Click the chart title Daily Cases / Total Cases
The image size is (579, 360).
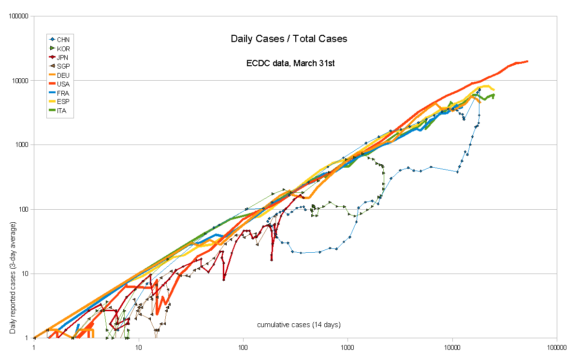point(289,39)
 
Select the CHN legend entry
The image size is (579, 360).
point(63,39)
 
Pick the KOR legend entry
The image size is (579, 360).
point(63,48)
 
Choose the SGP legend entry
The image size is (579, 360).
point(63,66)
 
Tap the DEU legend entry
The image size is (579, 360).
point(63,75)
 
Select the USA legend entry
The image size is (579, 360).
point(63,84)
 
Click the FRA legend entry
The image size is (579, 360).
point(63,93)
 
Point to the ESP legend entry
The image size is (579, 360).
point(63,102)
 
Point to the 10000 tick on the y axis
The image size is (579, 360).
point(21,81)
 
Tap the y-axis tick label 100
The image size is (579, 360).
point(24,210)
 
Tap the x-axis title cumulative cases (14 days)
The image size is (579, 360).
point(299,325)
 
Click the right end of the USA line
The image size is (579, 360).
point(527,61)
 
